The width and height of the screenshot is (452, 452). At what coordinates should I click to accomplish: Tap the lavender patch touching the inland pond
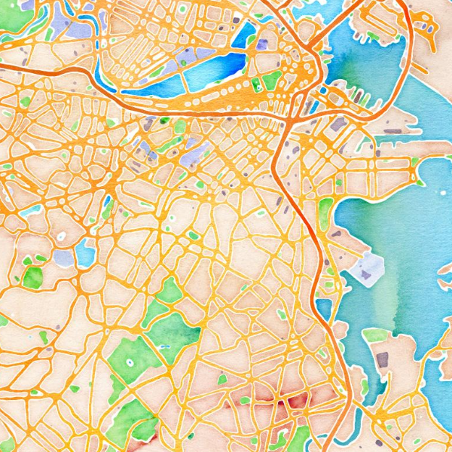(65, 258)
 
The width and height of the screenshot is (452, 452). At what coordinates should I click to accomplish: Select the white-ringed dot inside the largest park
(129, 362)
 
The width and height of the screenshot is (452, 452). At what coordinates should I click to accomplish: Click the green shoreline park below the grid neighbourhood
(325, 213)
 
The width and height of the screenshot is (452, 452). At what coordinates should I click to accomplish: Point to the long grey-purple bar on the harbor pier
(392, 131)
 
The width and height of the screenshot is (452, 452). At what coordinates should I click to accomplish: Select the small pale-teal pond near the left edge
(30, 212)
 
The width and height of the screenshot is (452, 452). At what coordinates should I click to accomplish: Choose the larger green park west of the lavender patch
(32, 276)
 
